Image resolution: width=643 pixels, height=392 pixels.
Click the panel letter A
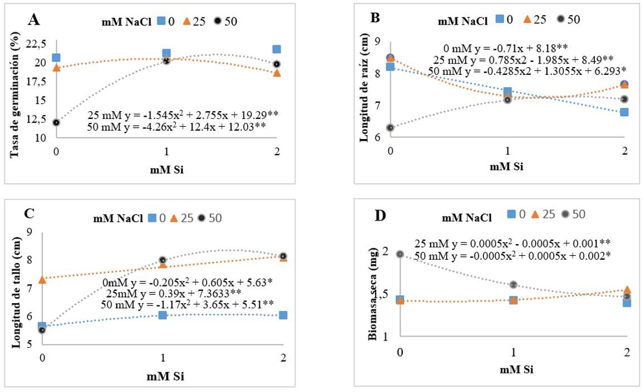pos(35,21)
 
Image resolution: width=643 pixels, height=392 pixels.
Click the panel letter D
pos(381,216)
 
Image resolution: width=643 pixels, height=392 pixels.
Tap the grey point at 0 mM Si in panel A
pos(56,122)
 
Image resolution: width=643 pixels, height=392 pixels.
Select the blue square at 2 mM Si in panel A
pos(277,49)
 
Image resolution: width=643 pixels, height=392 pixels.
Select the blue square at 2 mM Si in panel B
pos(624,112)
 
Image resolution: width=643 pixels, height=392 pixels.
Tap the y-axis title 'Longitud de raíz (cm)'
pos(365,92)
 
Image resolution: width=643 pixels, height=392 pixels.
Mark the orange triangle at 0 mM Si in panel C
pos(42,279)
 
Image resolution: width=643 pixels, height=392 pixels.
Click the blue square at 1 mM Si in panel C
pos(162,315)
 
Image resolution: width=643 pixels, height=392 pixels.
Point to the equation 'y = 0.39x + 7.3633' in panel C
pos(183,294)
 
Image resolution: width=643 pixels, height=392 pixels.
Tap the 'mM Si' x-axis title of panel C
pos(162,376)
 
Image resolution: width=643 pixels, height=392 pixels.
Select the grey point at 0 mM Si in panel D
pos(400,254)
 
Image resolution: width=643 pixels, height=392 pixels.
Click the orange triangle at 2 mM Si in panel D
pos(627,290)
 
